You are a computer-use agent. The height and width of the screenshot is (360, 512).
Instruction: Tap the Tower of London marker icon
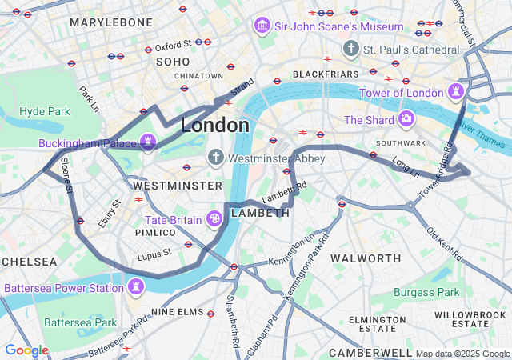coord(456,92)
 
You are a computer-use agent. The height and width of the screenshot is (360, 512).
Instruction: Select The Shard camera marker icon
coord(406,120)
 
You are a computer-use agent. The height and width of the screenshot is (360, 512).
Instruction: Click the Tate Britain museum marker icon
coord(214,218)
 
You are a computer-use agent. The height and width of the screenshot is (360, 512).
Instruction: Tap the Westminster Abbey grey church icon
coord(215,158)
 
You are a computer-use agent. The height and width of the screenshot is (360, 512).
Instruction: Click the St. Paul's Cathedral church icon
coord(350,50)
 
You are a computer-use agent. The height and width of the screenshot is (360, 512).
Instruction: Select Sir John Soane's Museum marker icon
coord(261,26)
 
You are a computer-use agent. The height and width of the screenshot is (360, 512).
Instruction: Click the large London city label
coord(214,126)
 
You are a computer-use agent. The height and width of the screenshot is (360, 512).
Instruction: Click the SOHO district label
coord(173,62)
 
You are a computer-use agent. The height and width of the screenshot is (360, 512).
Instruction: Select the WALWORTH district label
coord(366,258)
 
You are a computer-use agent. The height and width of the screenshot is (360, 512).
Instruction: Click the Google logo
coord(26,350)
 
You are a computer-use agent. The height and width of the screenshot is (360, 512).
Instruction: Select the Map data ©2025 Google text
coord(462,354)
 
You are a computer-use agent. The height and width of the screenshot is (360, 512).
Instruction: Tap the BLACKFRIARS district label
coord(325,74)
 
